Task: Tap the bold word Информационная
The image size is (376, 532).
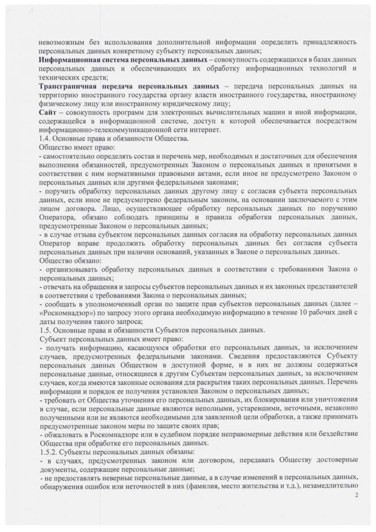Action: (x=66, y=59)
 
